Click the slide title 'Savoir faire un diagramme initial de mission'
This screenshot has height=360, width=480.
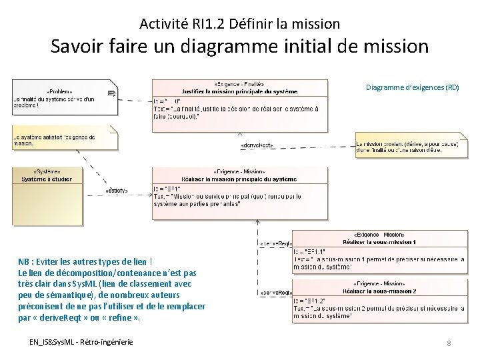(240, 47)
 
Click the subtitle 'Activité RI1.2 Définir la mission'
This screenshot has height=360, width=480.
(240, 24)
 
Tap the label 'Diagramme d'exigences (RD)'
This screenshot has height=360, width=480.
(413, 87)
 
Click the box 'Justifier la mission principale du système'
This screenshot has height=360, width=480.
(239, 105)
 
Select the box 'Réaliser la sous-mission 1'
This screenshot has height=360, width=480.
(379, 251)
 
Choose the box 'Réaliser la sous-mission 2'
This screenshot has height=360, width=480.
(379, 300)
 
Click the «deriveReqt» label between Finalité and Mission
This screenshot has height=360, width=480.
(257, 145)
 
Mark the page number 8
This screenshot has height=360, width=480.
(449, 343)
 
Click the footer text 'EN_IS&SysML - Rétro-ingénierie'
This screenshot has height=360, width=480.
(81, 342)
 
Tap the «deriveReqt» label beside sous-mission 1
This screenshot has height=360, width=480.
(275, 244)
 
